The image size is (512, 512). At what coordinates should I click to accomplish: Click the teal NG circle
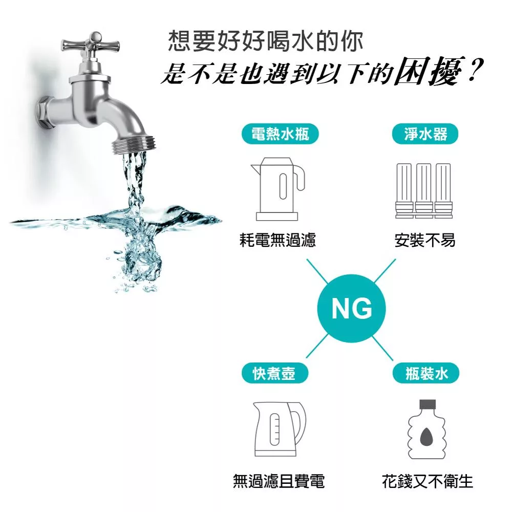click(x=351, y=308)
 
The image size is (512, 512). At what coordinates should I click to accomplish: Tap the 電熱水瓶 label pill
click(x=280, y=134)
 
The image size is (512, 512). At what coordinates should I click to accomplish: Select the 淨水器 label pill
click(x=425, y=134)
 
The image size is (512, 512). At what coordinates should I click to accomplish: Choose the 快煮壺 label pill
click(x=275, y=373)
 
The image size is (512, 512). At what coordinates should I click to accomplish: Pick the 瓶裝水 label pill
click(x=426, y=373)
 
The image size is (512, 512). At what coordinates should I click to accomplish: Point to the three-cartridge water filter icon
click(x=424, y=190)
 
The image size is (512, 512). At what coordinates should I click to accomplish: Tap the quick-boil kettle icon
click(x=280, y=429)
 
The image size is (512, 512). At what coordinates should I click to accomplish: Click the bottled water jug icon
click(x=427, y=429)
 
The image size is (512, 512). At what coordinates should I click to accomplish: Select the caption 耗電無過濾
click(x=278, y=240)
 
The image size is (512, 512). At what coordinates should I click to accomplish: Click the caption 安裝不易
click(x=425, y=240)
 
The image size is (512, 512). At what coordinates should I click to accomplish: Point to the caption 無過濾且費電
click(x=279, y=481)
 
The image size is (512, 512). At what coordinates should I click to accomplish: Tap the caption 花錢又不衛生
click(x=428, y=481)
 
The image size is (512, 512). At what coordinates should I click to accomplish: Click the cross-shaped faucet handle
click(x=91, y=44)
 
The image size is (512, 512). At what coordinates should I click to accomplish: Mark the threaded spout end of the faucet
click(x=134, y=144)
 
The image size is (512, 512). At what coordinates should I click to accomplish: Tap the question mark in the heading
click(x=475, y=70)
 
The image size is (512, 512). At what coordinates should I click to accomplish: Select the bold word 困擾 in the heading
click(x=429, y=71)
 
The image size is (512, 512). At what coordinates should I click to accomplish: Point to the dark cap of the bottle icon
click(x=428, y=404)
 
